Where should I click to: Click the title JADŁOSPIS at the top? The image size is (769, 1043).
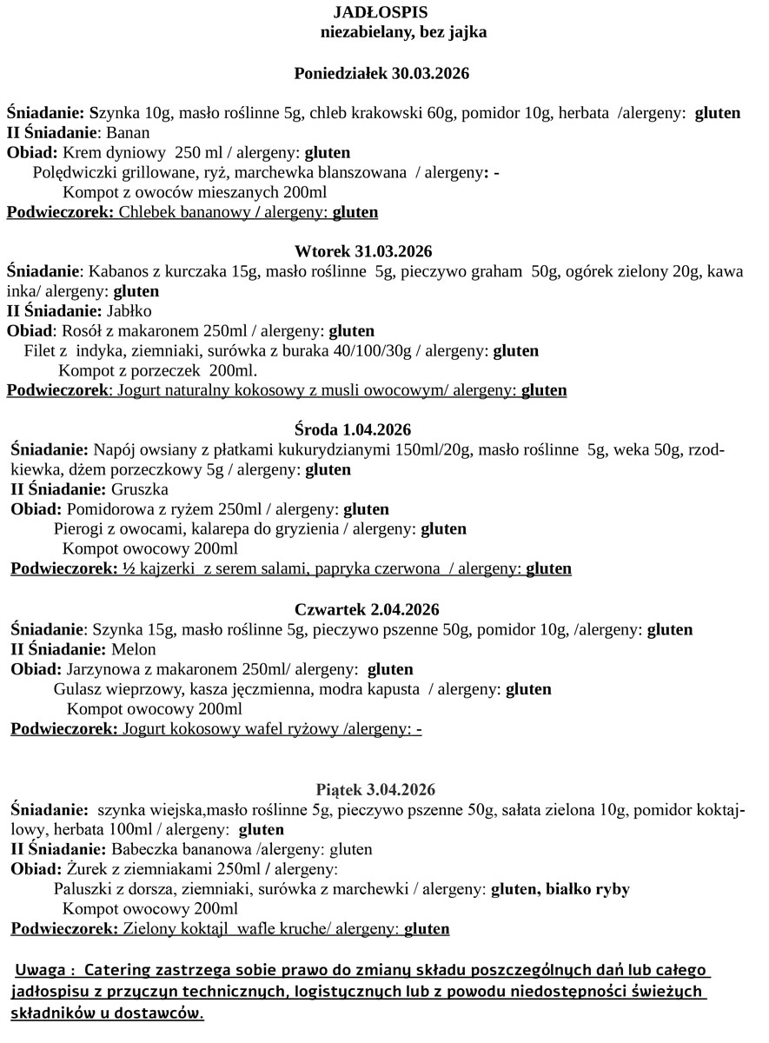point(380,12)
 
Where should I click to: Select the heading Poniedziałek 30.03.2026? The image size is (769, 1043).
point(382,74)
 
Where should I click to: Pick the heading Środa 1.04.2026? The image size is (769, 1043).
point(353,430)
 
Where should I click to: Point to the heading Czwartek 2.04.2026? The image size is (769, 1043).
point(367,609)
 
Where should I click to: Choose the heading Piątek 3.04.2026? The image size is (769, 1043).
point(376,790)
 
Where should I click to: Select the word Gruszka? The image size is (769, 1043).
point(140,489)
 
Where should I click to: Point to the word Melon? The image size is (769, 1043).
point(134,649)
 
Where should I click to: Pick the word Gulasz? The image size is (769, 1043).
point(78,689)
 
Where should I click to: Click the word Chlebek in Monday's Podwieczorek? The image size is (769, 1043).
point(146,212)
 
